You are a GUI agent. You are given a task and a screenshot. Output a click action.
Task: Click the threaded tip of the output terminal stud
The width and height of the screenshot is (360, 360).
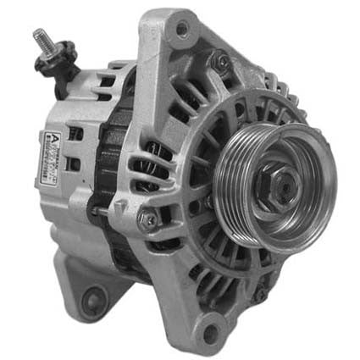click(38, 36)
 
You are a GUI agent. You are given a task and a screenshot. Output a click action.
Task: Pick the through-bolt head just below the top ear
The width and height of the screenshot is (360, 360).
click(222, 60)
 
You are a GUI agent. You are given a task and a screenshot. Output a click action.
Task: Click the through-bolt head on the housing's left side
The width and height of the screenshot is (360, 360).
click(149, 219)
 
